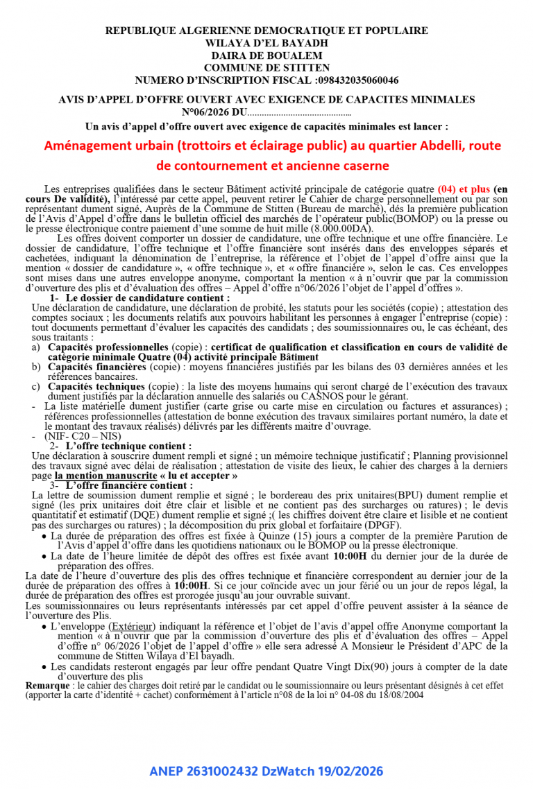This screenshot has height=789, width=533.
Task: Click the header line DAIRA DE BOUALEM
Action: (x=266, y=55)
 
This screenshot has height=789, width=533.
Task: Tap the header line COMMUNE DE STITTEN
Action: (x=266, y=68)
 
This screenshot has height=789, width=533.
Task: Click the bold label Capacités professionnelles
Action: (x=108, y=347)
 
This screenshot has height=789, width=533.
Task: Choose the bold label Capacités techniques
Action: (x=96, y=386)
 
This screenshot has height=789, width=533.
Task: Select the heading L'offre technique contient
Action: (x=128, y=446)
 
